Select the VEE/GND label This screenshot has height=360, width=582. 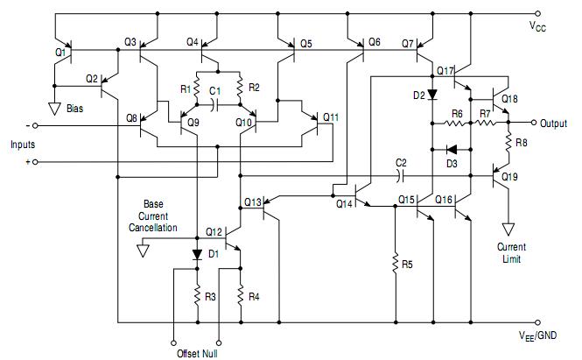click(550, 334)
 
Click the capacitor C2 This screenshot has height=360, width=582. click(401, 174)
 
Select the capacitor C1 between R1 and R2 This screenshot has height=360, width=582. click(216, 102)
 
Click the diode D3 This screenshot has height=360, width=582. click(452, 149)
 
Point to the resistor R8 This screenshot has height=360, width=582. click(508, 140)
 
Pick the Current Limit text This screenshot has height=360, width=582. click(511, 252)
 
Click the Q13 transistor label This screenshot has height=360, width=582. click(251, 202)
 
